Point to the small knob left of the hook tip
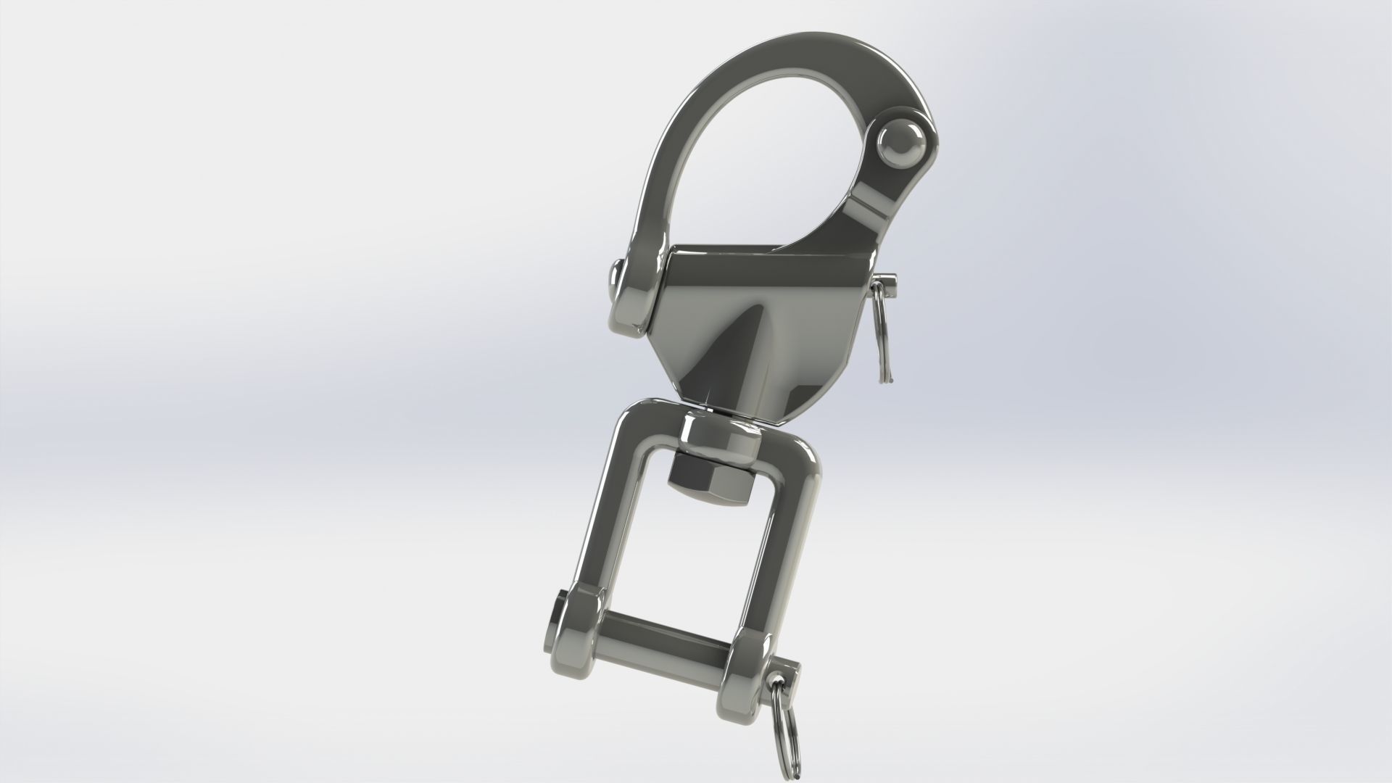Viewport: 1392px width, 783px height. pyautogui.click(x=614, y=279)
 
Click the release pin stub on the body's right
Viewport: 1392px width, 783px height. pyautogui.click(x=887, y=279)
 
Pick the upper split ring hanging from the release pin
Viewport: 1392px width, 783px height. pyautogui.click(x=882, y=333)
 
